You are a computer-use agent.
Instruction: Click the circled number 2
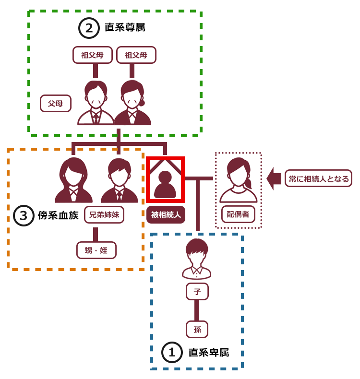pyautogui.click(x=89, y=28)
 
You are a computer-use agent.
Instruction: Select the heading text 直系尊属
pyautogui.click(x=125, y=28)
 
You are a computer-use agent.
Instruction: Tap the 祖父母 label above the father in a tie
pyautogui.click(x=93, y=55)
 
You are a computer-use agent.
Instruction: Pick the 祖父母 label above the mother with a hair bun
pyautogui.click(x=136, y=55)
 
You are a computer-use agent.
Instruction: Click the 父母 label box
pyautogui.click(x=56, y=103)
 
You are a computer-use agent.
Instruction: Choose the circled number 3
pyautogui.click(x=24, y=215)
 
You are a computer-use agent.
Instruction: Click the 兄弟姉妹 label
pyautogui.click(x=104, y=215)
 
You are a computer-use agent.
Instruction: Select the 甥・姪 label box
pyautogui.click(x=96, y=250)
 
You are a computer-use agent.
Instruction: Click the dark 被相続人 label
pyautogui.click(x=166, y=215)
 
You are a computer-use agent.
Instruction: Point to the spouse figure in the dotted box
pyautogui.click(x=238, y=180)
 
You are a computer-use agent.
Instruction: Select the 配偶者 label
pyautogui.click(x=238, y=214)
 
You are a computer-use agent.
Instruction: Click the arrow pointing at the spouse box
pyautogui.click(x=274, y=178)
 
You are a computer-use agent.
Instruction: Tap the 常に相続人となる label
pyautogui.click(x=318, y=178)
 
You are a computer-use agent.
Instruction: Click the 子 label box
pyautogui.click(x=197, y=291)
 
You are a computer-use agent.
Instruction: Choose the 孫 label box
pyautogui.click(x=197, y=330)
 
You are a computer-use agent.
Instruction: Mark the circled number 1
pyautogui.click(x=172, y=353)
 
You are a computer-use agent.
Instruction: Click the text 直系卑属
pyautogui.click(x=208, y=353)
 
